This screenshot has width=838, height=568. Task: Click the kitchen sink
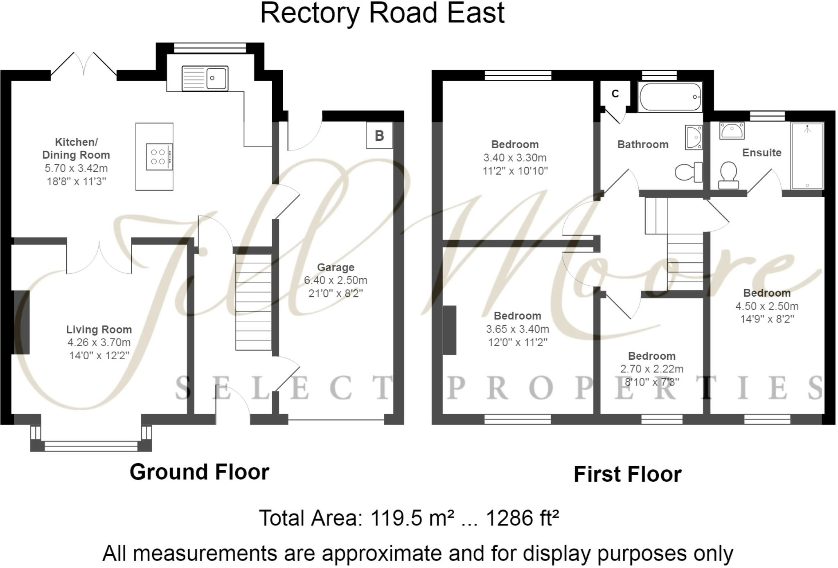[205, 78]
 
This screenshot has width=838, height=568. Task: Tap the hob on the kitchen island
[159, 157]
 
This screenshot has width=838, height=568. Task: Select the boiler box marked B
[379, 135]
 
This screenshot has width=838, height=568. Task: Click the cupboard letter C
[615, 94]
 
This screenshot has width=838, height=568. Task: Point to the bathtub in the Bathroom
[670, 97]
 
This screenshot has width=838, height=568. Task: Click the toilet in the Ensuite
[728, 176]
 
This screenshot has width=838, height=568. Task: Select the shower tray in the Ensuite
[807, 156]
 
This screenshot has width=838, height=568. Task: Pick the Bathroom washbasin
[694, 137]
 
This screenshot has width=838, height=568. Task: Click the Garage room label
[336, 268]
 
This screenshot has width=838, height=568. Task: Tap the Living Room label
[99, 329]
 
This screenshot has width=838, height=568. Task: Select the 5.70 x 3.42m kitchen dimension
[76, 168]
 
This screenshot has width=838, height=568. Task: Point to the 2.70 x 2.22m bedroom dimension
[651, 369]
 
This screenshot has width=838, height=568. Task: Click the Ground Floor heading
[199, 472]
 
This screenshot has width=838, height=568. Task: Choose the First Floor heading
[627, 474]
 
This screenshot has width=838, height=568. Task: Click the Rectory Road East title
[382, 13]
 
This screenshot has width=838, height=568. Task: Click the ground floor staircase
[253, 302]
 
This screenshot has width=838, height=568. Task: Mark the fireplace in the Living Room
[21, 322]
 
